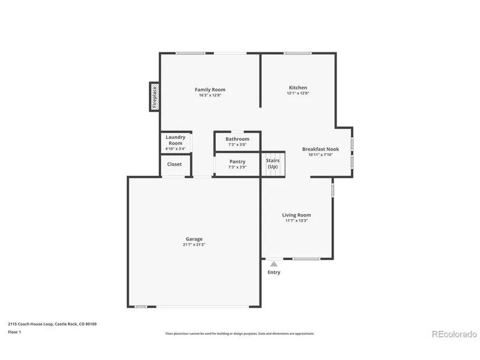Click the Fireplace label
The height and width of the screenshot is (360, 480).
(155, 97)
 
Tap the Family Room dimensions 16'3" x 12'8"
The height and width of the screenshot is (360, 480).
(210, 95)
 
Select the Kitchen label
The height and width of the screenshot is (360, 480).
(298, 88)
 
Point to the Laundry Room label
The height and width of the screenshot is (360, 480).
(175, 140)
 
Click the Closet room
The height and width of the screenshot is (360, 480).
(175, 165)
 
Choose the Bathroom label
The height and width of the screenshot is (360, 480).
(237, 139)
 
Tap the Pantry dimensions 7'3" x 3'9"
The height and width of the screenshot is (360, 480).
(237, 167)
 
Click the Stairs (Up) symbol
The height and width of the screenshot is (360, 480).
(273, 165)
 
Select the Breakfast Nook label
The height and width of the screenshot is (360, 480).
(321, 149)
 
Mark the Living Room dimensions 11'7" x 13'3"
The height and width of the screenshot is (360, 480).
(296, 220)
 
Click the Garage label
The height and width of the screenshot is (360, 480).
(194, 239)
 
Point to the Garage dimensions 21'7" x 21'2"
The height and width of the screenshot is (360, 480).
(194, 245)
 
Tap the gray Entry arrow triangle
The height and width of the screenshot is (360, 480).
(274, 264)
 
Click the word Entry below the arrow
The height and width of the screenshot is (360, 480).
(274, 272)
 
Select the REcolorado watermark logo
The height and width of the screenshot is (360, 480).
(454, 334)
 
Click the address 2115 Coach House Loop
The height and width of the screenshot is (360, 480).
(31, 324)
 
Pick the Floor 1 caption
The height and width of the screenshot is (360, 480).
(15, 332)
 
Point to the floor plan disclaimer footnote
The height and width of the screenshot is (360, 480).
(240, 334)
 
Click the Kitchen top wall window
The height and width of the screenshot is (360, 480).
(297, 54)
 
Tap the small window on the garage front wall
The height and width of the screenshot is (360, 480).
(141, 306)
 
